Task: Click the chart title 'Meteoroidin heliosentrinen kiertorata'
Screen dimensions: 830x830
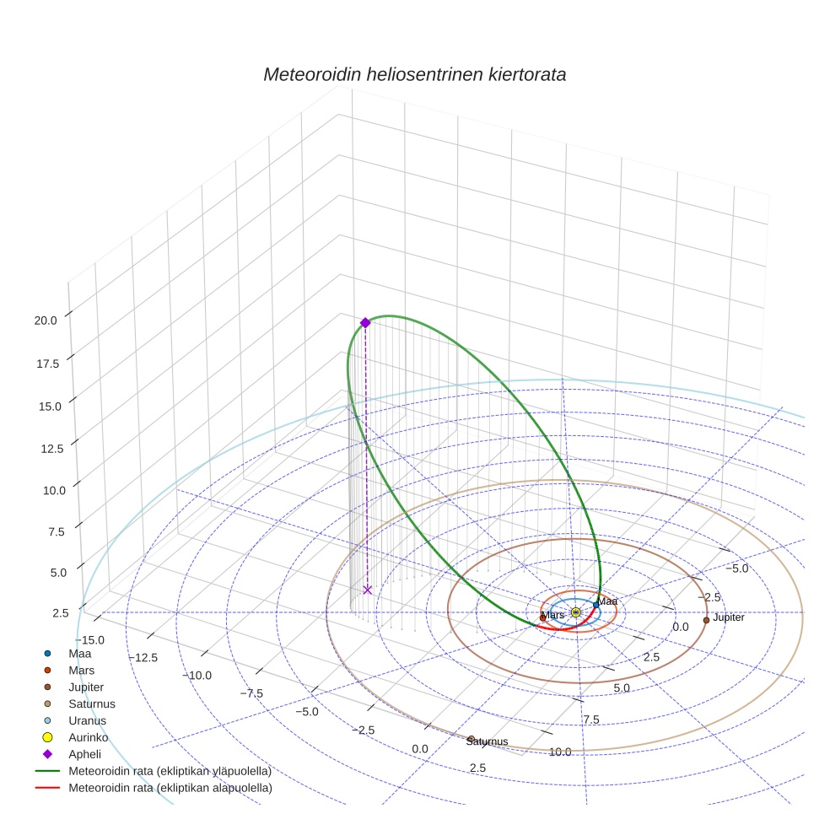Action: tap(414, 74)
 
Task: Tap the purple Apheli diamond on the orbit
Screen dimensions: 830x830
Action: tap(365, 322)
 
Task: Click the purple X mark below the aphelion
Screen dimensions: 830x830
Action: tap(367, 590)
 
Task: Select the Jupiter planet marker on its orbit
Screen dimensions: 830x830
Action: tap(706, 620)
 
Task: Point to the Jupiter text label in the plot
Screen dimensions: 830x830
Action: tap(729, 617)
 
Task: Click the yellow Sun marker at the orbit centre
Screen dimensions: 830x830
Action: tap(575, 612)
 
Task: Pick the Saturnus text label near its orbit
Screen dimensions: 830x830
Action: tap(487, 741)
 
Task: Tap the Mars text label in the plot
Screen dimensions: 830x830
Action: tap(553, 615)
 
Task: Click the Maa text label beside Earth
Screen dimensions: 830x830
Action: tap(608, 601)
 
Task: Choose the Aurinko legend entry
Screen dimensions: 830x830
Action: tap(88, 737)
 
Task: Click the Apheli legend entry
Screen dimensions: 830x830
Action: tap(84, 754)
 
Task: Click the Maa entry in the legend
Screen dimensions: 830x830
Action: tap(79, 653)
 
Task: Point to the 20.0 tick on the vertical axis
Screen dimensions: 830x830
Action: tap(46, 321)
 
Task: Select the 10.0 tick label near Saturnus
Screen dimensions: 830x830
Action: tap(560, 752)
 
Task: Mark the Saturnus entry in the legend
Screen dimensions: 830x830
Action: tap(91, 703)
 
